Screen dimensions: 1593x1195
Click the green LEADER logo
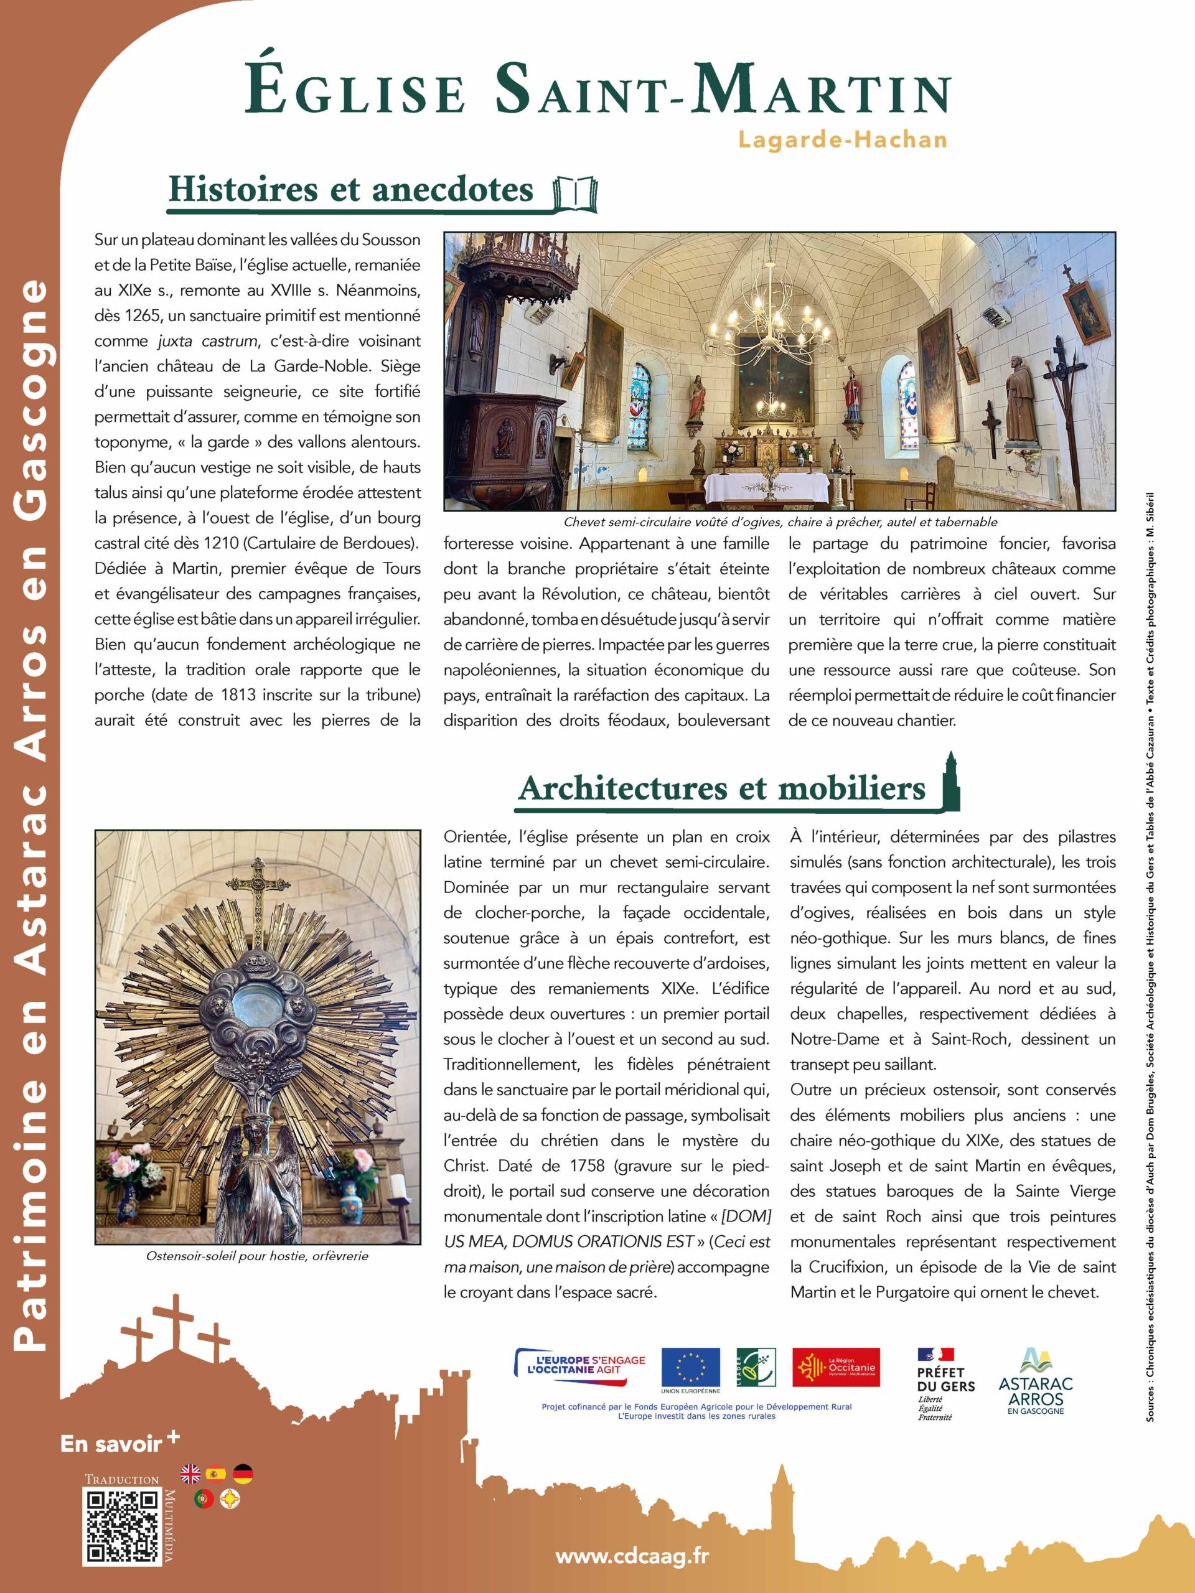tap(755, 1368)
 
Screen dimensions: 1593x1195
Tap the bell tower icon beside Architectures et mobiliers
tap(951, 781)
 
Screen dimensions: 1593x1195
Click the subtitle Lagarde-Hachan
tap(842, 139)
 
